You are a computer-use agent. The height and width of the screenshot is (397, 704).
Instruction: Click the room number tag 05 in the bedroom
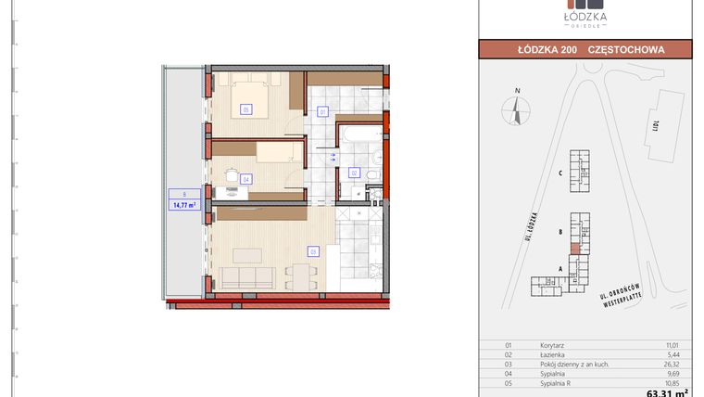pyautogui.click(x=245, y=109)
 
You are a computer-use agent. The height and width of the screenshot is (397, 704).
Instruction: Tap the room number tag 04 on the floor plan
pyautogui.click(x=245, y=179)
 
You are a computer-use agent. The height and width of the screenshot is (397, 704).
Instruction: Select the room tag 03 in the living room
pyautogui.click(x=313, y=251)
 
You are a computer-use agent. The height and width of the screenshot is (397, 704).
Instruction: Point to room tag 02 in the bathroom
pyautogui.click(x=354, y=173)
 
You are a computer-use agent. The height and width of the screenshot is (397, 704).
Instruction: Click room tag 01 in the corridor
pyautogui.click(x=322, y=112)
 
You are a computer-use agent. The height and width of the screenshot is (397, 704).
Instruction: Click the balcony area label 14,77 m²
pyautogui.click(x=182, y=206)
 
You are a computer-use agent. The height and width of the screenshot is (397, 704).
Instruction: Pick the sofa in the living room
pyautogui.click(x=245, y=278)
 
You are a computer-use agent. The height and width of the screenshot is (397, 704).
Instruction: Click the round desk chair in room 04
pyautogui.click(x=230, y=172)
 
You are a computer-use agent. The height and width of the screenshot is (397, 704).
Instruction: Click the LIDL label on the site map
pyautogui.click(x=656, y=123)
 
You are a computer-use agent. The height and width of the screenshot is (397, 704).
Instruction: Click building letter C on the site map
pyautogui.click(x=561, y=173)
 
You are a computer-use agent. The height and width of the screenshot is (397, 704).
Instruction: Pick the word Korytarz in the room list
pyautogui.click(x=552, y=344)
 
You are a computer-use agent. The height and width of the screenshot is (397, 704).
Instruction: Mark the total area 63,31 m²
pyautogui.click(x=670, y=391)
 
